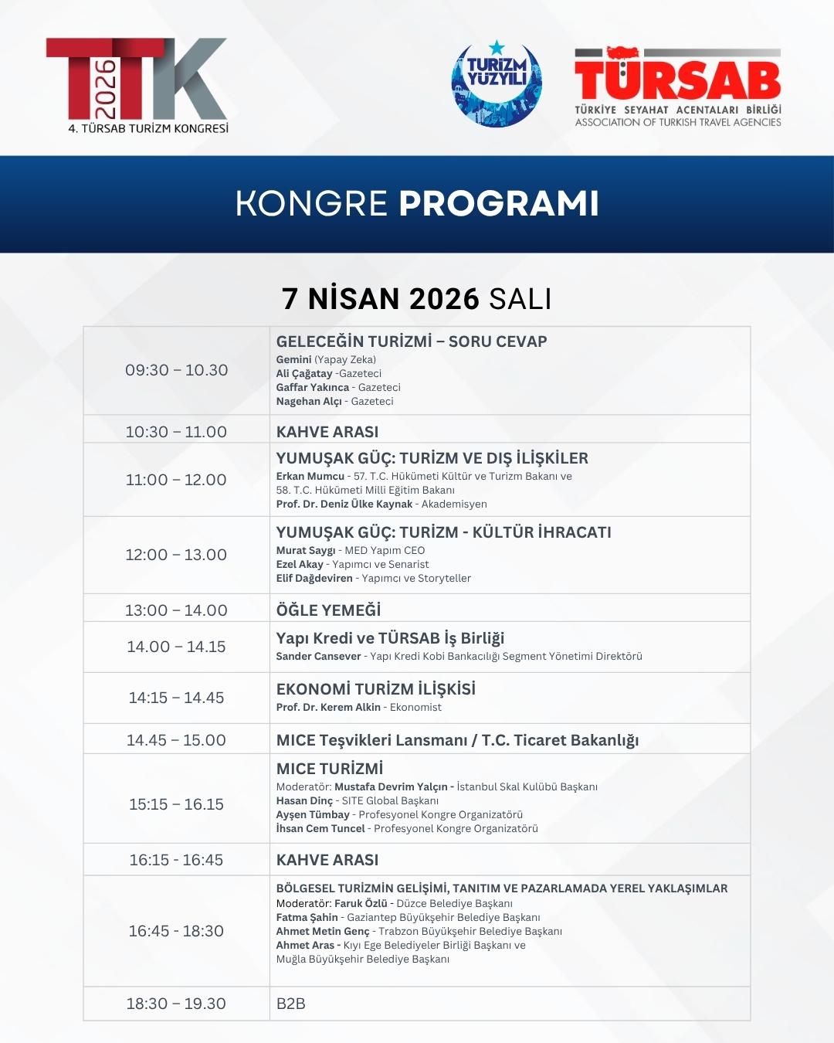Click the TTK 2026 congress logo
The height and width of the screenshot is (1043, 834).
coord(137,85)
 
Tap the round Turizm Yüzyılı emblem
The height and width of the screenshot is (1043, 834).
coord(497,83)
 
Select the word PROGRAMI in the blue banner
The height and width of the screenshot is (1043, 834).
coord(499,203)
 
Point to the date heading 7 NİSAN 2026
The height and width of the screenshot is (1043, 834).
coord(381,299)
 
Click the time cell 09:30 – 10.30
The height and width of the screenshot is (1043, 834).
coord(177,370)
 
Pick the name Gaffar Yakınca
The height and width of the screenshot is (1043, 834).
coord(313,388)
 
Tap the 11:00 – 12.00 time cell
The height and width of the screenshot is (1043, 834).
coord(177,480)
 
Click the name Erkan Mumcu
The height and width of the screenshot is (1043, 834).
coord(310,477)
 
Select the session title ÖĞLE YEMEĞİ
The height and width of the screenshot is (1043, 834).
coord(329,610)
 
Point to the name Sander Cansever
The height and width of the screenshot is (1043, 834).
coord(318,657)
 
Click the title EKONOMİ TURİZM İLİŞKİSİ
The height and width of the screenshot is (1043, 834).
coord(376,689)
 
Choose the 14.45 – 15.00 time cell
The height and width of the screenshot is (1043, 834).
coord(177,740)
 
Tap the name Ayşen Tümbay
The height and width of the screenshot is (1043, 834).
coord(313,815)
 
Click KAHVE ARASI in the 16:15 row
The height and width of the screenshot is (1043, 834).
coord(327,860)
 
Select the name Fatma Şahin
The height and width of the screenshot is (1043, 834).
coord(307,918)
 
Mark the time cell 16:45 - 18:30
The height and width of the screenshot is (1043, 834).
coord(177,931)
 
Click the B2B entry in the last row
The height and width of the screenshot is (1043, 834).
coord(291,1004)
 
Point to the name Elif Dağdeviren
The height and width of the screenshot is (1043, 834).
coord(314,579)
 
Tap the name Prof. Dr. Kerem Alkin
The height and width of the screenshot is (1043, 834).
coord(328,708)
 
